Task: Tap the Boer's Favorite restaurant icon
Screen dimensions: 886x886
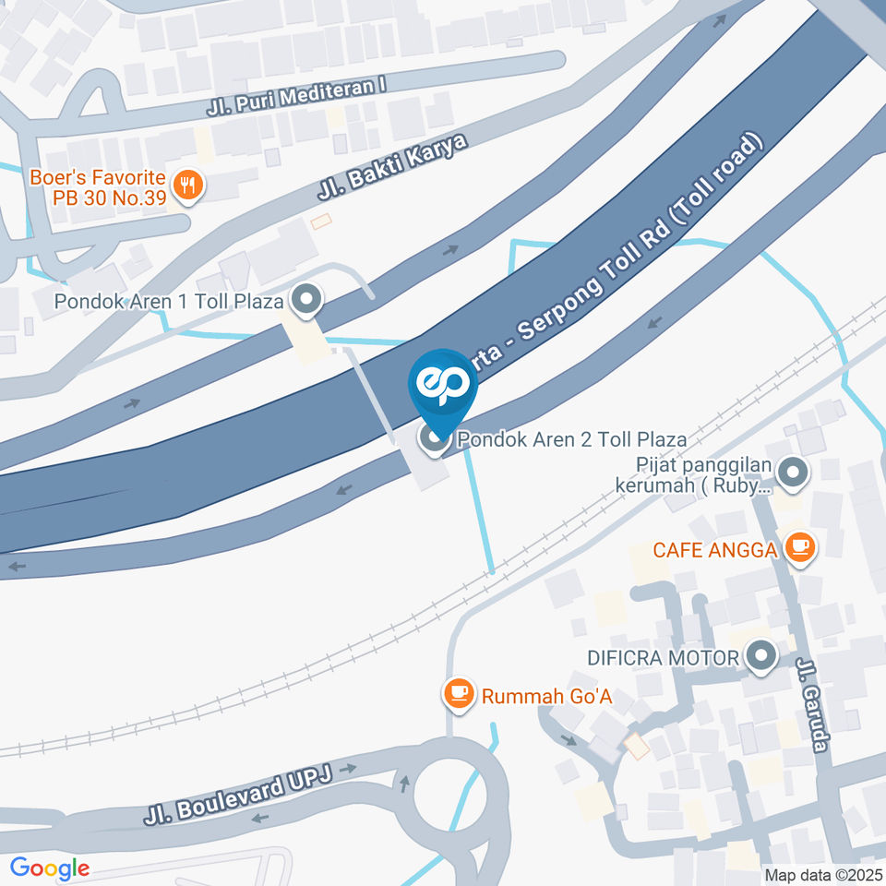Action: pyautogui.click(x=190, y=185)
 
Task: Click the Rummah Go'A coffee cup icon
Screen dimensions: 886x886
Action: pyautogui.click(x=459, y=693)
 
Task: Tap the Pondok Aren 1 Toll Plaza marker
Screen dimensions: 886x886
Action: pyautogui.click(x=305, y=299)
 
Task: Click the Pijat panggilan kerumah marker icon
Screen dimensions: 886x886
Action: pyautogui.click(x=792, y=474)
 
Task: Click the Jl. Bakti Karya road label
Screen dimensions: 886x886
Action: pyautogui.click(x=393, y=166)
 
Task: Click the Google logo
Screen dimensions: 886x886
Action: pyautogui.click(x=50, y=868)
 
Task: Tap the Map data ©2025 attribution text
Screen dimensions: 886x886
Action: pyautogui.click(x=822, y=874)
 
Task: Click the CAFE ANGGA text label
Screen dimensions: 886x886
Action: pyautogui.click(x=714, y=550)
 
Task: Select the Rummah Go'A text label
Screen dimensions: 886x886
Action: pyautogui.click(x=547, y=695)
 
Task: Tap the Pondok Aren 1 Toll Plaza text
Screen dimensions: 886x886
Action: pyautogui.click(x=168, y=301)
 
